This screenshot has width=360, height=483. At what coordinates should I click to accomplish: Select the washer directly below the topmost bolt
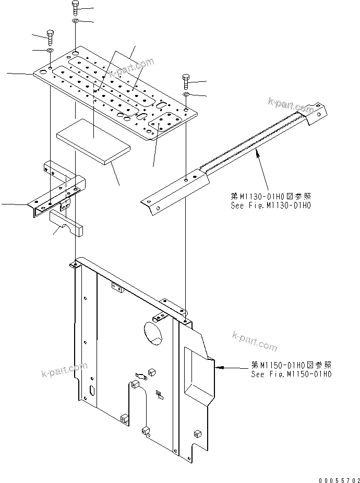click(x=75, y=20)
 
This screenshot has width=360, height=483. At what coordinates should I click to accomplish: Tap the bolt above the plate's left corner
click(x=50, y=37)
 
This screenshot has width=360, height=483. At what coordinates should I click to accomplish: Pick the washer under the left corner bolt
click(x=50, y=50)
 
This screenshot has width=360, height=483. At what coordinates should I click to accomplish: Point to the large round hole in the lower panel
click(x=153, y=332)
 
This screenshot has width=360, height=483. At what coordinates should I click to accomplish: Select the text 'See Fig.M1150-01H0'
click(x=291, y=374)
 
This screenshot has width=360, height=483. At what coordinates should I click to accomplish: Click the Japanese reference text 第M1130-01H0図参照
click(x=271, y=196)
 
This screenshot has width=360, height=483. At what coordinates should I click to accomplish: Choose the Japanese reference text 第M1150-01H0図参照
click(x=291, y=365)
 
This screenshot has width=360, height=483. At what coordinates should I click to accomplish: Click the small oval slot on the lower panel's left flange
click(x=92, y=390)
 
